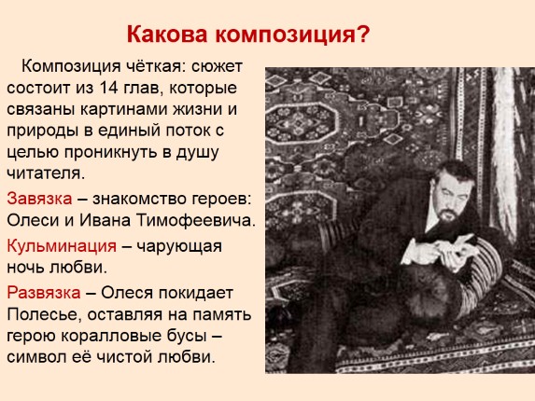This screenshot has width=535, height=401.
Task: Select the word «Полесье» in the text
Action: pyautogui.click(x=44, y=314)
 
